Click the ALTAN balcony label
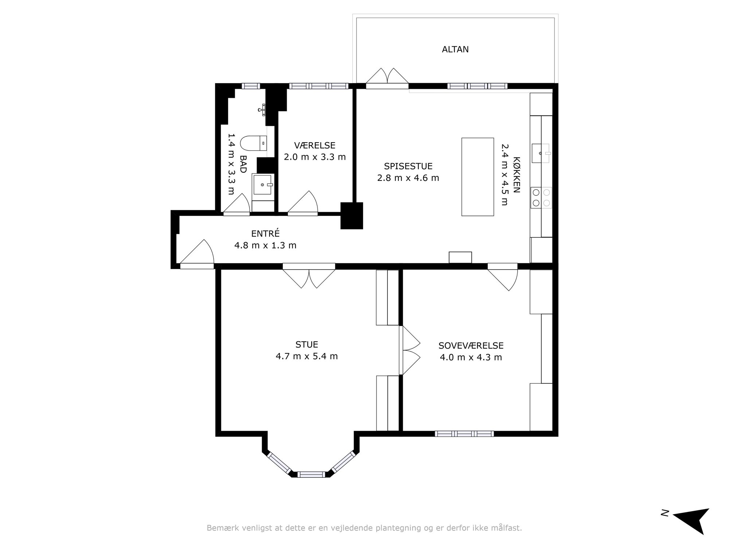click(x=455, y=49)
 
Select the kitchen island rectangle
click(x=477, y=177)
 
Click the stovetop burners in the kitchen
click(x=541, y=197)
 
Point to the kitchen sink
click(x=541, y=153)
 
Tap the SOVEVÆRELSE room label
click(x=471, y=346)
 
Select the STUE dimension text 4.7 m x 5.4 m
click(x=307, y=356)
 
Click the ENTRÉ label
click(x=265, y=233)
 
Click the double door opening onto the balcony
click(x=387, y=78)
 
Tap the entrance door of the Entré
click(x=197, y=254)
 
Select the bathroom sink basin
click(x=263, y=185)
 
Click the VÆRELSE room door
click(x=303, y=203)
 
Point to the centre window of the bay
click(x=311, y=474)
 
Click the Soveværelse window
click(x=464, y=434)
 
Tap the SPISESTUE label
click(x=408, y=166)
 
